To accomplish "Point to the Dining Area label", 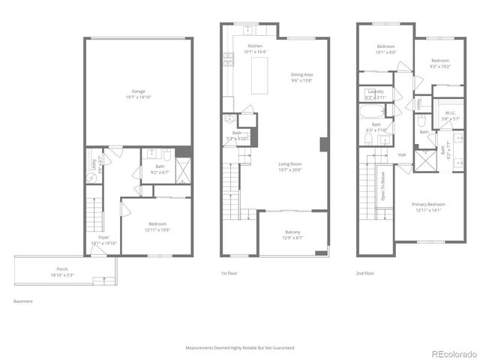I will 301,74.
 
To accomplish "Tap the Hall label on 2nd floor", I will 402,155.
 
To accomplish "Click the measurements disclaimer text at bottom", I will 240,348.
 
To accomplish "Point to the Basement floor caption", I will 22,301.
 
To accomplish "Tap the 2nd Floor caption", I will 366,274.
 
